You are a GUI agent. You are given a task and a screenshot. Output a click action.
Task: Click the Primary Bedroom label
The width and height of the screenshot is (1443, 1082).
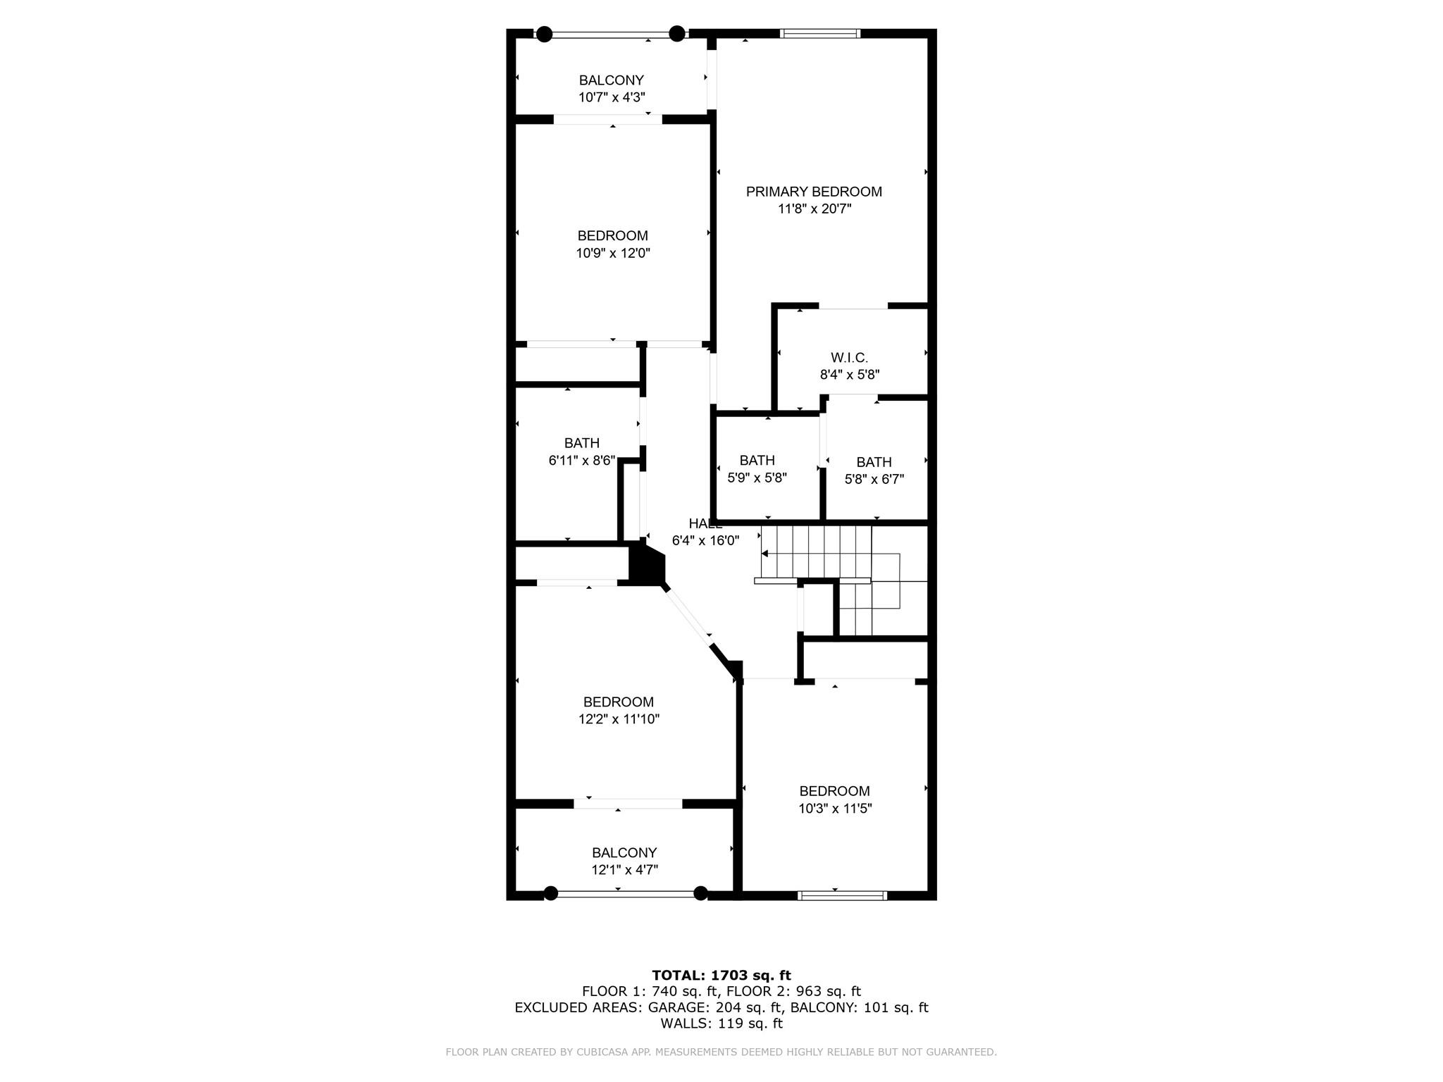pyautogui.click(x=814, y=192)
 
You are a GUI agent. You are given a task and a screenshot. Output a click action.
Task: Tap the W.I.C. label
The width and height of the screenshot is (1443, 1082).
pyautogui.click(x=849, y=358)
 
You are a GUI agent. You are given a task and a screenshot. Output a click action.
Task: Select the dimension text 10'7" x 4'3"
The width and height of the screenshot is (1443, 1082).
pyautogui.click(x=612, y=97)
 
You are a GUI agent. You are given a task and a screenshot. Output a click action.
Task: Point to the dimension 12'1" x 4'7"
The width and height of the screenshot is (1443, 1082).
pyautogui.click(x=624, y=869)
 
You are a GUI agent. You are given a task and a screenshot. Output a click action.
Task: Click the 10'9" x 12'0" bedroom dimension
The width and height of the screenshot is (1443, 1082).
pyautogui.click(x=612, y=253)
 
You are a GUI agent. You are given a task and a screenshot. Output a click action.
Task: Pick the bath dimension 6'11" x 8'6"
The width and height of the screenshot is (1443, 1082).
pyautogui.click(x=581, y=461)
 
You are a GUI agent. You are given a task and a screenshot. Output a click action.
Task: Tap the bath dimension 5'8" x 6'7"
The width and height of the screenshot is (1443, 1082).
pyautogui.click(x=874, y=479)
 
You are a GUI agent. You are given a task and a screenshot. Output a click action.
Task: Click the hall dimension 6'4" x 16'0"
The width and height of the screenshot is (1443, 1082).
pyautogui.click(x=705, y=540)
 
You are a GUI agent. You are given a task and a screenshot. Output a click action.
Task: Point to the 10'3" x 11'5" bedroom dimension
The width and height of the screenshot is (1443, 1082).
pyautogui.click(x=834, y=808)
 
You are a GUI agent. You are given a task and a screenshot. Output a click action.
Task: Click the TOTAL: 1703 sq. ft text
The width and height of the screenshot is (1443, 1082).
pyautogui.click(x=721, y=975)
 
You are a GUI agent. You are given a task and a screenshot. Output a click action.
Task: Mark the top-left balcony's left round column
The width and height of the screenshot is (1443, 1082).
pyautogui.click(x=544, y=34)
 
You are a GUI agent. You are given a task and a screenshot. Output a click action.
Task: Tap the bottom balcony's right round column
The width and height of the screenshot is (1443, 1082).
pyautogui.click(x=700, y=893)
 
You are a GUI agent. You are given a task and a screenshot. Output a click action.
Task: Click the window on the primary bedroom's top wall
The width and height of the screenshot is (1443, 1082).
pyautogui.click(x=820, y=33)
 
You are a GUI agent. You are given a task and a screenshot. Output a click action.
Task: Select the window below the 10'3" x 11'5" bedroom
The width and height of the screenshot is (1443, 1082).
pyautogui.click(x=841, y=895)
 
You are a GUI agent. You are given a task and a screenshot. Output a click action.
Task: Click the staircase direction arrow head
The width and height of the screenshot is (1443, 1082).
pyautogui.click(x=764, y=554)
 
